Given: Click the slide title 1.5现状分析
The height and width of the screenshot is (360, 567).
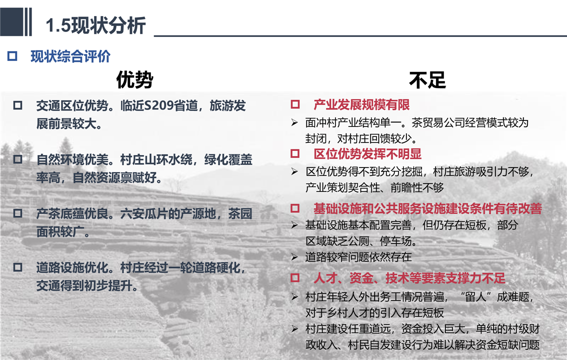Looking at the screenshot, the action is tap(95, 25).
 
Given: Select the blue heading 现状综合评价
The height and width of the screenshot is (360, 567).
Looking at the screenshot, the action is tap(70, 56).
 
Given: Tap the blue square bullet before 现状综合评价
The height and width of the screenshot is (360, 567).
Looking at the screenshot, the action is tap(12, 56).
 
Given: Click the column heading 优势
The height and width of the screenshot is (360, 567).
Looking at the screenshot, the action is tap(134, 79).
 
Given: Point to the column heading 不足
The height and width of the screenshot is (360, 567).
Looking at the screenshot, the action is tap(427, 80).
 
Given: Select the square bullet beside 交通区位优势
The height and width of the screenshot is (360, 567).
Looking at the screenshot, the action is tap(17, 105).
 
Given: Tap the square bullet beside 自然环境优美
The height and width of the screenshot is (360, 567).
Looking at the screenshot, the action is tap(17, 159).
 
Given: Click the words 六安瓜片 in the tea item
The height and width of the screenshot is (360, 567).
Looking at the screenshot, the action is tap(143, 213).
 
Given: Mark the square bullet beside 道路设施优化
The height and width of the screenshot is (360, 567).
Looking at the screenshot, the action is tap(17, 267).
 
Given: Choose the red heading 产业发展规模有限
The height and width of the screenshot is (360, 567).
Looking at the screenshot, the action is tap(361, 105).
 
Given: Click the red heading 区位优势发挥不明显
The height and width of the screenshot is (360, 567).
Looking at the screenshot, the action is tap(368, 154).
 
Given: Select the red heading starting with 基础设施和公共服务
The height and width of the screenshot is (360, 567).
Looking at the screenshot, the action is tap(428, 208).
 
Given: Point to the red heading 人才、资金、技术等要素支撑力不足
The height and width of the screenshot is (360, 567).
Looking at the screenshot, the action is tap(409, 278).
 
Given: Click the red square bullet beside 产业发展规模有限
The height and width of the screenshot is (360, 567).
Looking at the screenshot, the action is tap(295, 104).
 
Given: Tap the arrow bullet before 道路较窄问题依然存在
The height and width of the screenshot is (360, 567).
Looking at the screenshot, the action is tap(294, 257).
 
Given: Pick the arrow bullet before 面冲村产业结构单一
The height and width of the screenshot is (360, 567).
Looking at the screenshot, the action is tap(294, 123).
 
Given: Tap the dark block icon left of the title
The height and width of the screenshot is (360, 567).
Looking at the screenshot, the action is tap(16, 21).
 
